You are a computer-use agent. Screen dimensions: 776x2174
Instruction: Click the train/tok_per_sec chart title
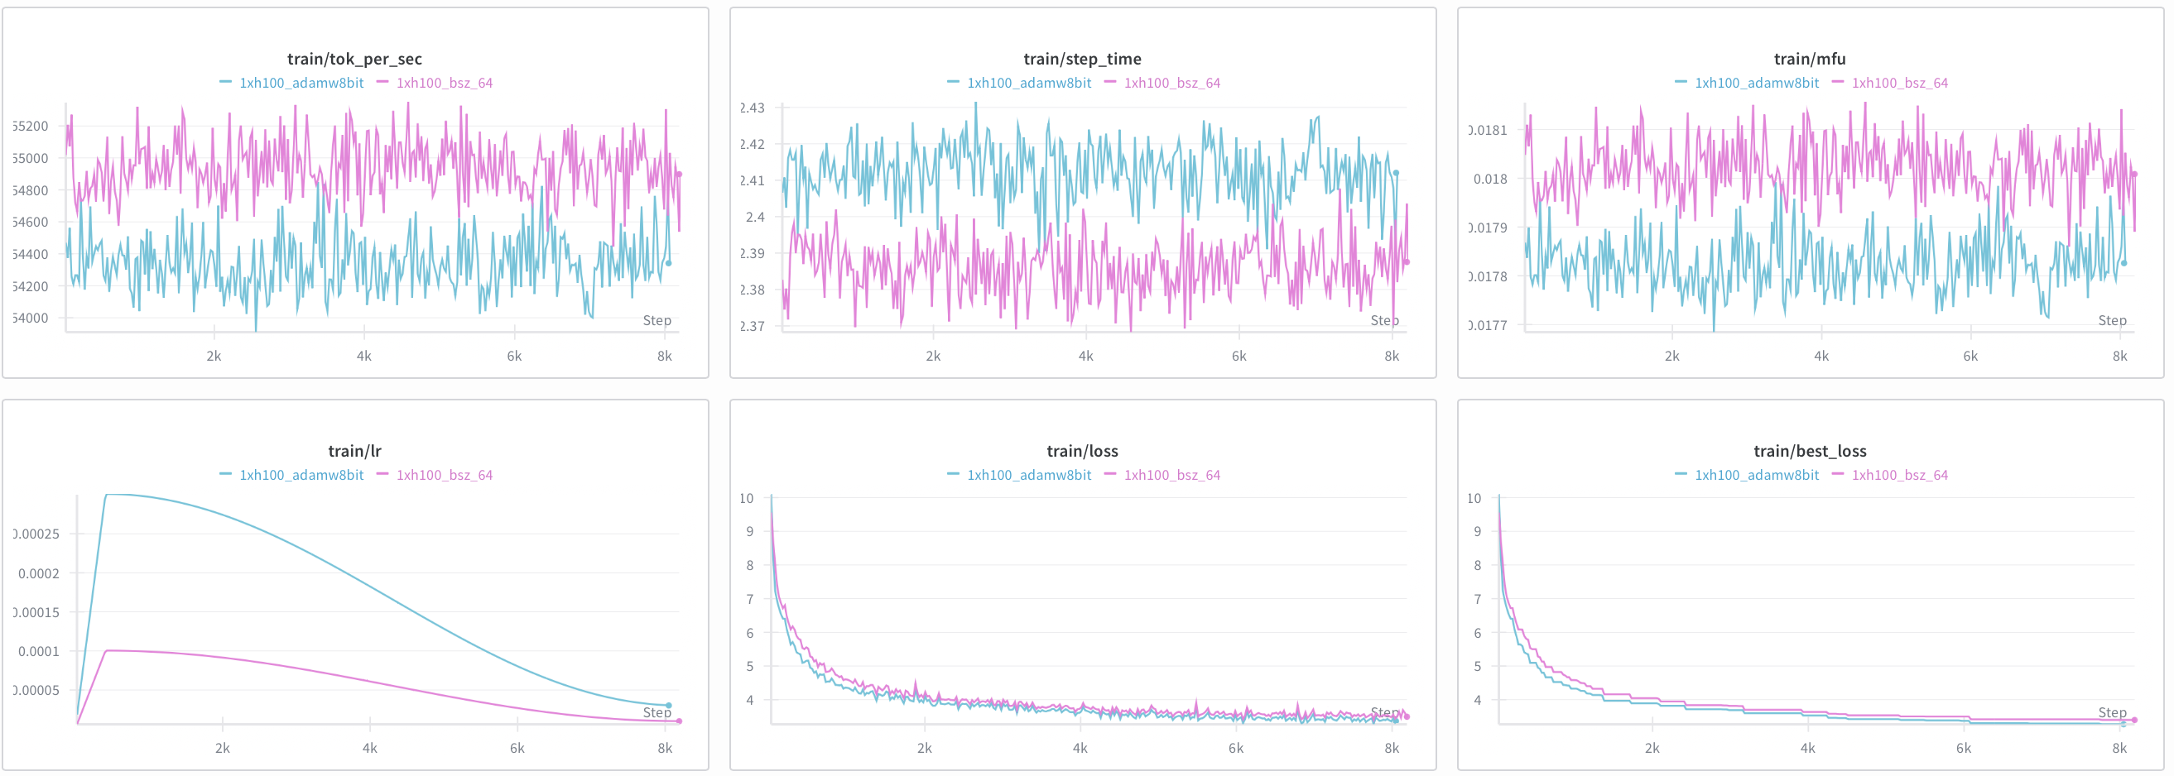[354, 59]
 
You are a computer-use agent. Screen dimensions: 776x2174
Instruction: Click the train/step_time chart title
[1082, 59]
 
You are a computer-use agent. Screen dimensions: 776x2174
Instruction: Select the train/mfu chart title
[1810, 59]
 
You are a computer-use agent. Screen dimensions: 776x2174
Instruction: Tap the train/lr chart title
[354, 451]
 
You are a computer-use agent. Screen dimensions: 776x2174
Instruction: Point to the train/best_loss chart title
[1810, 451]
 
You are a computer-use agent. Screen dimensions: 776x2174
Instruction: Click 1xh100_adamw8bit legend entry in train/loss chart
[1028, 475]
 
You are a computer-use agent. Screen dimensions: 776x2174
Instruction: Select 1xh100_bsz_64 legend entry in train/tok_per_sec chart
[444, 83]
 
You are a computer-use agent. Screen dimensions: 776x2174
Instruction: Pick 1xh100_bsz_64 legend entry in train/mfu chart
[1899, 83]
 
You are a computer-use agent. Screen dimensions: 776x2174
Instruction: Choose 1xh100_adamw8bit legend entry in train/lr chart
[301, 475]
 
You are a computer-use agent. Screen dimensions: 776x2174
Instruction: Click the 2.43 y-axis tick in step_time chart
[752, 108]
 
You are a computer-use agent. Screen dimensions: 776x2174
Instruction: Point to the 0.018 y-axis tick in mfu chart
[1489, 179]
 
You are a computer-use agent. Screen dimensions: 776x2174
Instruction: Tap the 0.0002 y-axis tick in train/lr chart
[39, 573]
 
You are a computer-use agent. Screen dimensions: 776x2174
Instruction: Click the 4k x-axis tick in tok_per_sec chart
[363, 356]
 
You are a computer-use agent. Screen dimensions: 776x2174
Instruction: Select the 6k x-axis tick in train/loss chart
[1235, 748]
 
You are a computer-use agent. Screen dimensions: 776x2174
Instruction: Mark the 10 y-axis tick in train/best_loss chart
[1474, 499]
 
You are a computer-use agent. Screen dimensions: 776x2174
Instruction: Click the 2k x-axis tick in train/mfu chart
[1671, 356]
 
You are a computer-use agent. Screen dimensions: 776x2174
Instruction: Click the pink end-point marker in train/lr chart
[679, 721]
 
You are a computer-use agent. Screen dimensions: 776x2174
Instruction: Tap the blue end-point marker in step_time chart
[1396, 173]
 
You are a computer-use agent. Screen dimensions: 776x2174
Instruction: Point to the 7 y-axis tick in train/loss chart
[749, 599]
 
